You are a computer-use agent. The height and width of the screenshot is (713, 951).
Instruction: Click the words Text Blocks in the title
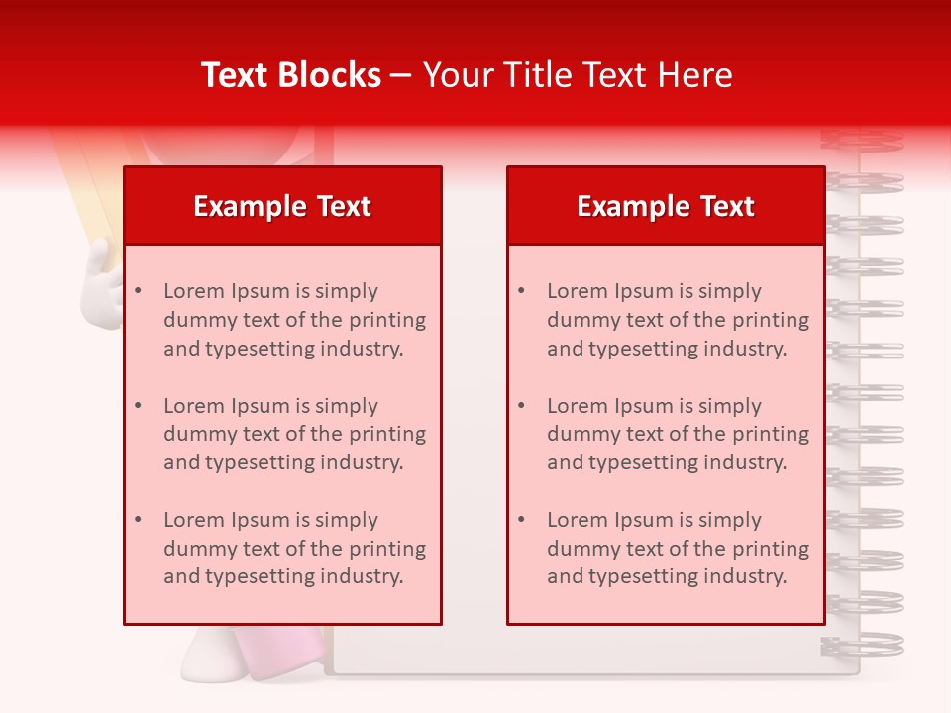[291, 75]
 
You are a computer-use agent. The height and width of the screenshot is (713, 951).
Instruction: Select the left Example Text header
[282, 206]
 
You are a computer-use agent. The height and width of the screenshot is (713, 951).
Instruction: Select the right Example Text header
[666, 206]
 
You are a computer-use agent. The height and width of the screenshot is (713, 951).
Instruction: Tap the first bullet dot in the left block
[138, 291]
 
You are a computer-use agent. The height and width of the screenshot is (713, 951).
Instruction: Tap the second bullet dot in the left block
[138, 406]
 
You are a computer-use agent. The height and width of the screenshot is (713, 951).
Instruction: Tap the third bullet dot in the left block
[138, 520]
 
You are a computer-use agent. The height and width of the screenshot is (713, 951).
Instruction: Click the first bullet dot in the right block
[521, 291]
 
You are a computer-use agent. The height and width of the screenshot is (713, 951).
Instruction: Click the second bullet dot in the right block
[521, 406]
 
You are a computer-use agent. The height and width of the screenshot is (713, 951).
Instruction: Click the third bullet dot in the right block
[521, 520]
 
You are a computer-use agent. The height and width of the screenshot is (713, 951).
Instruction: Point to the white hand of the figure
[100, 287]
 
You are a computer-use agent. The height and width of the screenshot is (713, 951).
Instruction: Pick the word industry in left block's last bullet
[358, 576]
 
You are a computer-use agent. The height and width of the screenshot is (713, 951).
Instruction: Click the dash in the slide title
[401, 76]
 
